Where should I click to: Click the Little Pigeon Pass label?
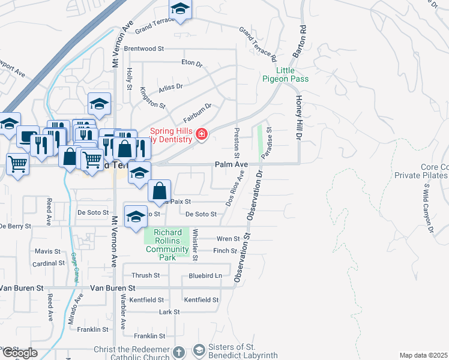point(285,74)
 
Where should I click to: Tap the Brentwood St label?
point(144,49)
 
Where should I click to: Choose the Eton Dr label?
point(192,62)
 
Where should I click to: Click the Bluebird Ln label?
point(205,276)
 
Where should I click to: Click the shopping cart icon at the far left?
point(17,162)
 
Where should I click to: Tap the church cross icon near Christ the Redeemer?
point(178,351)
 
